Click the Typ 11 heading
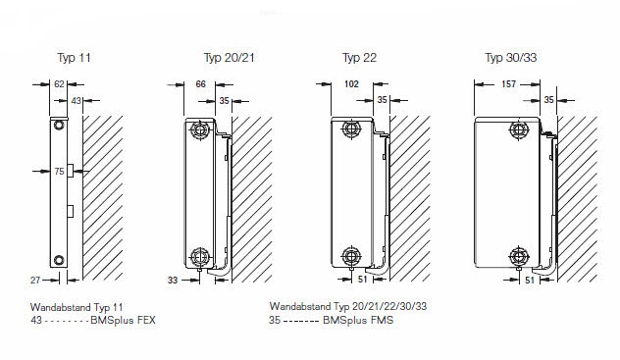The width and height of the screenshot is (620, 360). pyautogui.click(x=74, y=58)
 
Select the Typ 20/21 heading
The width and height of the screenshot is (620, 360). pyautogui.click(x=230, y=58)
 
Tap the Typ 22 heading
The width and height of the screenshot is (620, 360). pyautogui.click(x=359, y=58)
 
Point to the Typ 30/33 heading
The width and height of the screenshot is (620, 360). pyautogui.click(x=511, y=58)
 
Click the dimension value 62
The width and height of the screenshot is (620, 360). pyautogui.click(x=59, y=83)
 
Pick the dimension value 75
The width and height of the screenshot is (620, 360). pyautogui.click(x=59, y=171)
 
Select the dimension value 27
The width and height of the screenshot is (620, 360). pyautogui.click(x=35, y=281)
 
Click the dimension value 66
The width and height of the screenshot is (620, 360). pyautogui.click(x=201, y=83)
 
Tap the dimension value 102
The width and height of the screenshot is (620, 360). pyautogui.click(x=351, y=83)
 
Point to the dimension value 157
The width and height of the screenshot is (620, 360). pyautogui.click(x=508, y=83)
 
